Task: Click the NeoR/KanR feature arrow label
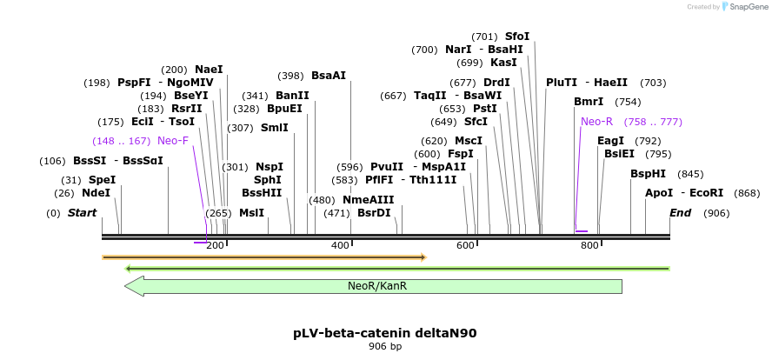[x=377, y=286]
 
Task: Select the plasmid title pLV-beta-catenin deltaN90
[x=385, y=333]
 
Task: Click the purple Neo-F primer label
[x=173, y=141]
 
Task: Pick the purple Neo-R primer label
[x=596, y=122]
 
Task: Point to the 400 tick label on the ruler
[x=340, y=246]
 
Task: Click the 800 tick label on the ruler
[x=589, y=246]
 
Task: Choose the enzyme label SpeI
[x=102, y=180]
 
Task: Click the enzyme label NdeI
[x=96, y=193]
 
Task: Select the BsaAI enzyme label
[x=329, y=76]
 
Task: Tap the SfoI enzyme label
[x=517, y=37]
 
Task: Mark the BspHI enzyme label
[x=648, y=174]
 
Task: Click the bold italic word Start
[x=82, y=213]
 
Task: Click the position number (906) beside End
[x=716, y=213]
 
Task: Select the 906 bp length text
[x=385, y=347]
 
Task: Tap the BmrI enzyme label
[x=589, y=102]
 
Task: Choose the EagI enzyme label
[x=610, y=141]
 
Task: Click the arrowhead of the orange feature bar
[x=423, y=257]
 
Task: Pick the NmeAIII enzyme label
[x=369, y=200]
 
